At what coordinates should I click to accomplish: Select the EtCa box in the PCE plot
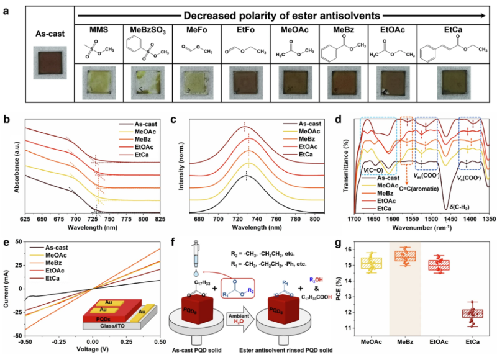pyautogui.click(x=457, y=313)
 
